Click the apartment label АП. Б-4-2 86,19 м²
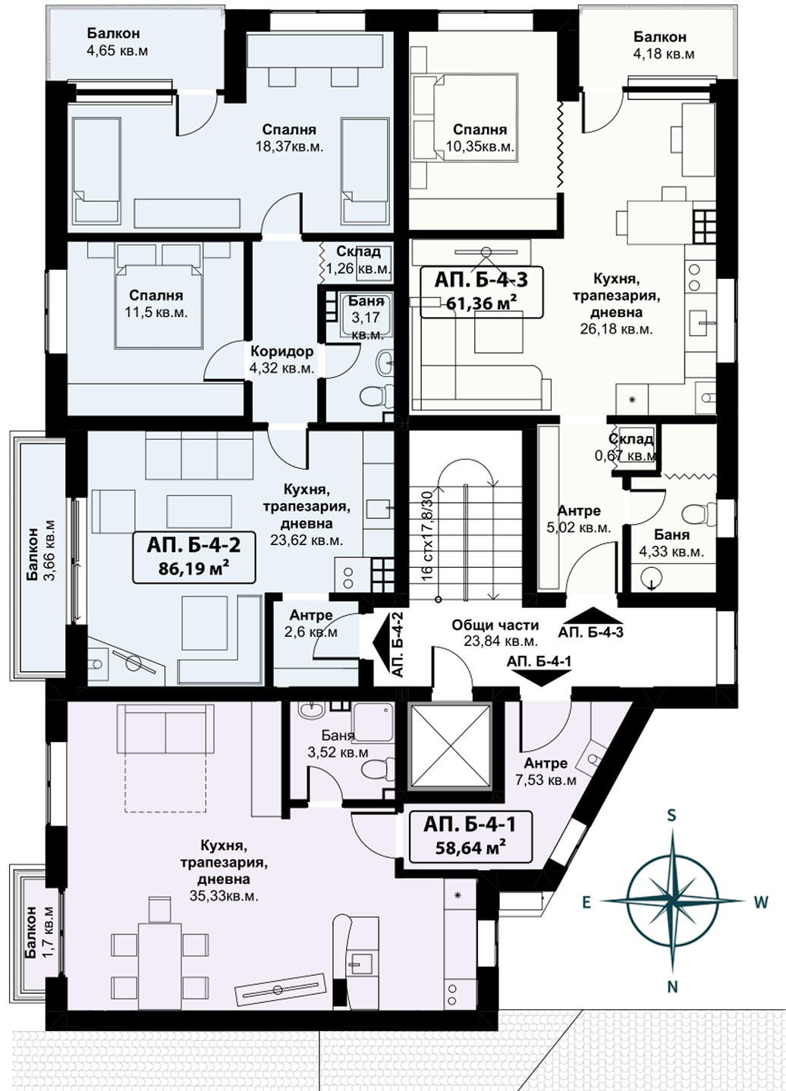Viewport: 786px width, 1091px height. [194, 557]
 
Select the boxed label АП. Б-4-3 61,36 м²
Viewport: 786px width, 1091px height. [481, 292]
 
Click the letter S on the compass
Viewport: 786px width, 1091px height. [671, 815]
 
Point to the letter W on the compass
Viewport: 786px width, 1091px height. [761, 902]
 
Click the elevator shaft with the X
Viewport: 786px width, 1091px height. [450, 745]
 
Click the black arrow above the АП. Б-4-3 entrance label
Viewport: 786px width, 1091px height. [590, 615]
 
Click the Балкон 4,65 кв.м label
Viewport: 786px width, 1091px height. [118, 42]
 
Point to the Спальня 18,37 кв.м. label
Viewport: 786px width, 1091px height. [290, 138]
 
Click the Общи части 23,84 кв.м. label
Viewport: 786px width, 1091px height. [495, 633]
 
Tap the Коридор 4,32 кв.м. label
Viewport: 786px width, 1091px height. [281, 359]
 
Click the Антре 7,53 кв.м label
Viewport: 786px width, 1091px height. [545, 772]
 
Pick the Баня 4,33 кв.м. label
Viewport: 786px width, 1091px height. [671, 543]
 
